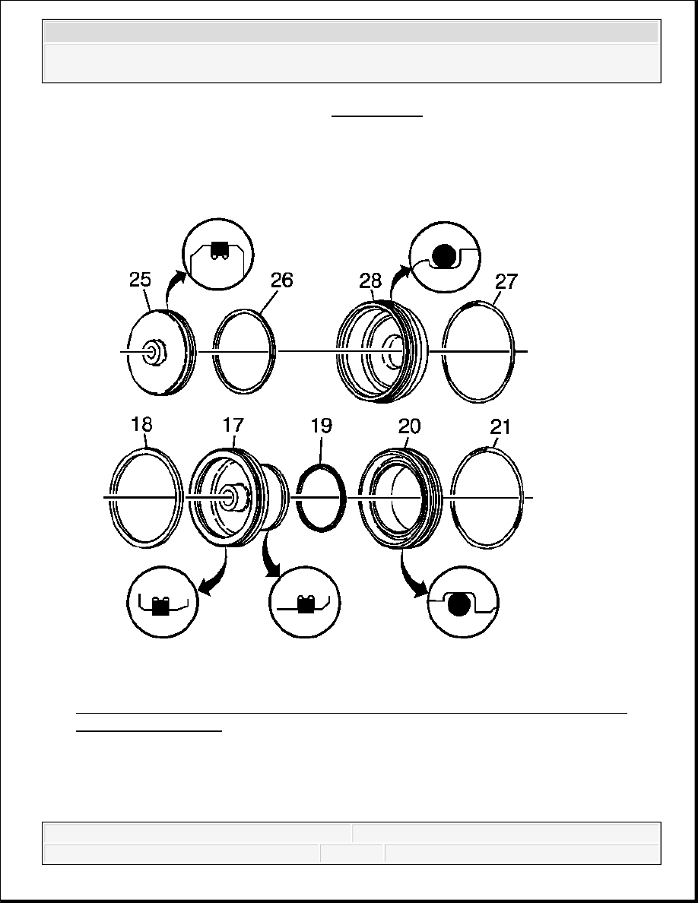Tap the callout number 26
(x=281, y=280)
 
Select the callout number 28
(x=370, y=280)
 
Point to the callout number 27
(x=506, y=281)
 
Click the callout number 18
(x=141, y=424)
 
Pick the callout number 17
(x=233, y=425)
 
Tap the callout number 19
(x=322, y=426)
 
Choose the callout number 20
(x=409, y=426)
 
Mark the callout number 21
(x=500, y=426)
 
